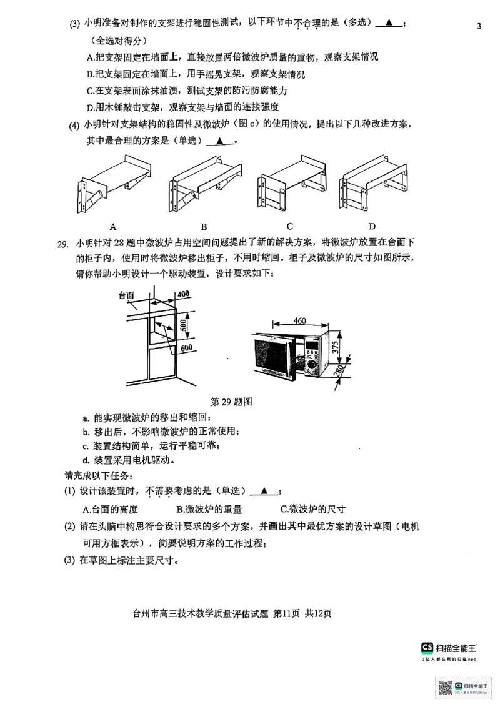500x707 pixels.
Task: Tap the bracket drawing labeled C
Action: pos(291,185)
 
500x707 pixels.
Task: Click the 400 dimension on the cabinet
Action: pos(183,294)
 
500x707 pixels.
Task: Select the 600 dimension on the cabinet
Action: pos(186,348)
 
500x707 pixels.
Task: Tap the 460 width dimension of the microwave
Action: pos(300,321)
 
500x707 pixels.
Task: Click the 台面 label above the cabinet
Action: pos(127,295)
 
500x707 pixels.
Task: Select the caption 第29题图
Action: pos(231,402)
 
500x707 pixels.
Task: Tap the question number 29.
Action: pos(63,244)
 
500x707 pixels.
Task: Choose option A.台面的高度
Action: pos(111,508)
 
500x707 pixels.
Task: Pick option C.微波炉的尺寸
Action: pos(312,508)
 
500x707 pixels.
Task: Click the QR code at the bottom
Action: pos(444,688)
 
